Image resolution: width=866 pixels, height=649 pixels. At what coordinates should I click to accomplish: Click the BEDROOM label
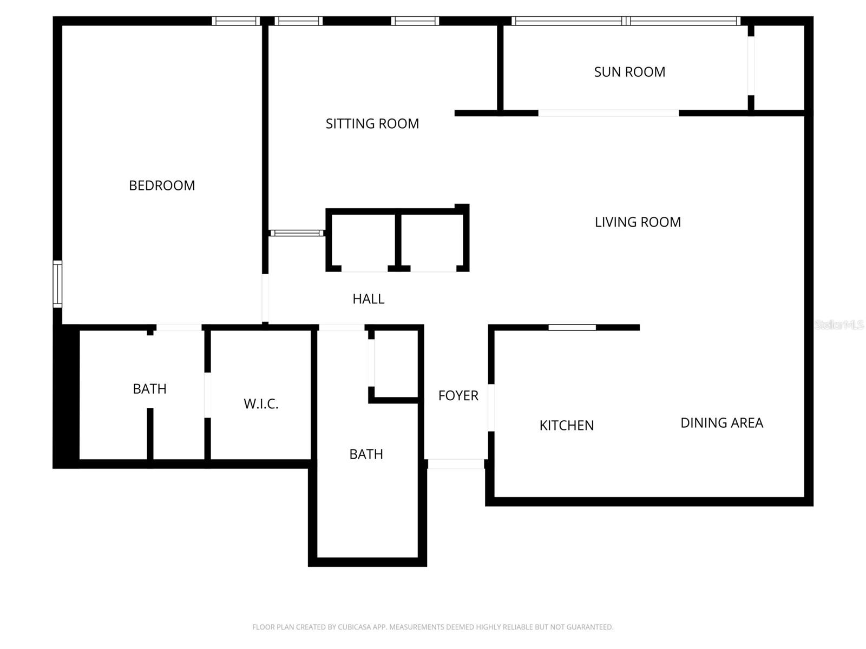[162, 186]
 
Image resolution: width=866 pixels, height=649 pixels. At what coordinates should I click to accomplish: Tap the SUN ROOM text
[629, 72]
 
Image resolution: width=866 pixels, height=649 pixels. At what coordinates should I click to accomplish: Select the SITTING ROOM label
[372, 124]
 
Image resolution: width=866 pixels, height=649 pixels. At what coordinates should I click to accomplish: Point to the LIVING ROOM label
[638, 222]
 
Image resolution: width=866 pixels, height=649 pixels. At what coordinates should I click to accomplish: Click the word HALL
[368, 299]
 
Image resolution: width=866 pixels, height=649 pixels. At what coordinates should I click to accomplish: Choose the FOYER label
[458, 396]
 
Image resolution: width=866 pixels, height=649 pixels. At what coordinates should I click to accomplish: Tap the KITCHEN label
[566, 426]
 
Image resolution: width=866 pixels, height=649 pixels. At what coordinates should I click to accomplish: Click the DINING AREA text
[721, 423]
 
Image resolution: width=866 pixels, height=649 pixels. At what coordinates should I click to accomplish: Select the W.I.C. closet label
[261, 404]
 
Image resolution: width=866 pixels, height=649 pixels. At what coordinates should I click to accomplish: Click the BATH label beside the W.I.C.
[149, 389]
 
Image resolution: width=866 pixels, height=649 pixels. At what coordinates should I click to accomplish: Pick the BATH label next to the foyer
[366, 454]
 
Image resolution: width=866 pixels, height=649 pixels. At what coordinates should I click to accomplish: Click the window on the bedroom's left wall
[57, 284]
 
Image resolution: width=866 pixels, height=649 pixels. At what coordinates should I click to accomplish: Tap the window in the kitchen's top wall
[572, 327]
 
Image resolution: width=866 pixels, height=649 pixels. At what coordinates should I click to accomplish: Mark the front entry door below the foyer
[455, 464]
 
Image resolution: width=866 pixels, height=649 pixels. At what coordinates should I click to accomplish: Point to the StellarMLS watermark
[838, 325]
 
